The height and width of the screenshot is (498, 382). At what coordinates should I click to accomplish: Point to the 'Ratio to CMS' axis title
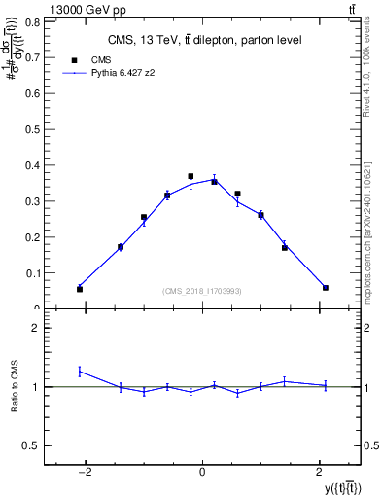[x=15, y=386]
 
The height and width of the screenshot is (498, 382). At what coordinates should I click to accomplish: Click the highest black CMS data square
[x=191, y=176]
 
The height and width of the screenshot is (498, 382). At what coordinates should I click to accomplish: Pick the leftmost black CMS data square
[x=80, y=289]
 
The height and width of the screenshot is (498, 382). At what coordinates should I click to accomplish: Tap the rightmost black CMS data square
[x=325, y=287]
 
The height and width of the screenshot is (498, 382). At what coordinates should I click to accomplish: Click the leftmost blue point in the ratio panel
[x=80, y=371]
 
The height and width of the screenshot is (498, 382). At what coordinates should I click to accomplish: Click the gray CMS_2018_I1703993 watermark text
[x=202, y=291]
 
